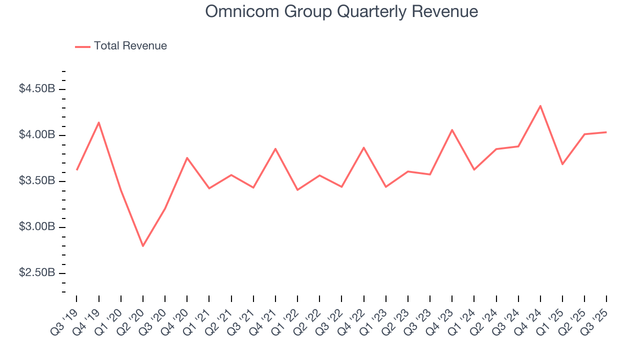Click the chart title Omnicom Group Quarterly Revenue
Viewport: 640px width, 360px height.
[x=341, y=11]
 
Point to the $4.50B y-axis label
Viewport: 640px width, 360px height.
[x=36, y=89]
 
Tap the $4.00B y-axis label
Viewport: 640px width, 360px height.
[x=36, y=135]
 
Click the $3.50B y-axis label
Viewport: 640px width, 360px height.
[x=36, y=181]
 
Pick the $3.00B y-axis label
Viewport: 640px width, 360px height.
[x=36, y=227]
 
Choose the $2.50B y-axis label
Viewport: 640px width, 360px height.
[x=36, y=273]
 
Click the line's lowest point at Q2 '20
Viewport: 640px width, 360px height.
[x=143, y=246]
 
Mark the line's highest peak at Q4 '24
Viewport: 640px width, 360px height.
[x=540, y=105]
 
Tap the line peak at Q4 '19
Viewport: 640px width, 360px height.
[x=99, y=122]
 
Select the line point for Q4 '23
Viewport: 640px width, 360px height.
[x=452, y=130]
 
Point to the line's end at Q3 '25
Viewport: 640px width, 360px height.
[x=606, y=132]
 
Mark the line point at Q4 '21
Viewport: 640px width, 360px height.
[x=275, y=148]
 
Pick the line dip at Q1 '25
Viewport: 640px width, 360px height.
[x=562, y=164]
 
